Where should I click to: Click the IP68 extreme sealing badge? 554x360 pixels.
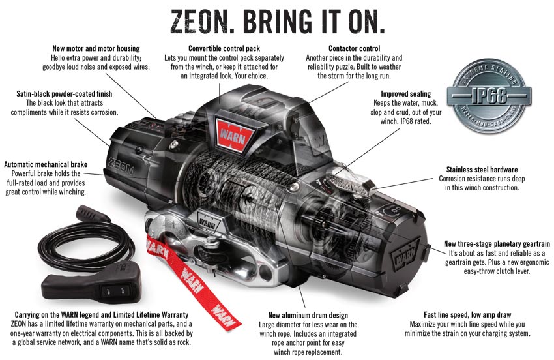tap(489, 95)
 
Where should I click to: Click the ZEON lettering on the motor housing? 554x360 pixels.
tap(121, 166)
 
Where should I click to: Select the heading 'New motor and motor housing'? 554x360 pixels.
tap(96, 48)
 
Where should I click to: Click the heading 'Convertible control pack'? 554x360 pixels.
tap(224, 48)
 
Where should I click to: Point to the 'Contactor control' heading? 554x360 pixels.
tap(355, 48)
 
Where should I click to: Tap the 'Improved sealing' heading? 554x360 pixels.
tap(406, 94)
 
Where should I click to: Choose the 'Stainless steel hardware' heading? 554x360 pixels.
tap(482, 170)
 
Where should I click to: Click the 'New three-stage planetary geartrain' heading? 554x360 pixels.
tap(497, 244)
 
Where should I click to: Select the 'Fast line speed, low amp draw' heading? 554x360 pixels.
tap(467, 315)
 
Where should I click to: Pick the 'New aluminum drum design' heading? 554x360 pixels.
tap(308, 315)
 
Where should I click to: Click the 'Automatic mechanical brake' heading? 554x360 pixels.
tap(46, 164)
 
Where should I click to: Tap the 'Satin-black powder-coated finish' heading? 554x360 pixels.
tap(65, 94)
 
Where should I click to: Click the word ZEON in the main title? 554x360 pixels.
tap(199, 22)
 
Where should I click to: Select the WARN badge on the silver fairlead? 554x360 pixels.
tap(209, 222)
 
